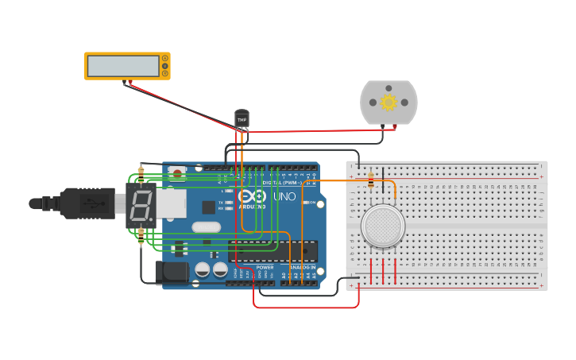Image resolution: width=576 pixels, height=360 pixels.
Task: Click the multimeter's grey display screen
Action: pyautogui.click(x=123, y=66)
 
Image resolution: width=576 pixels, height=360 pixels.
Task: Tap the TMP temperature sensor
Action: pyautogui.click(x=242, y=118)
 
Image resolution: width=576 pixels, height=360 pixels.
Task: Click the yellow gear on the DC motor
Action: pyautogui.click(x=389, y=102)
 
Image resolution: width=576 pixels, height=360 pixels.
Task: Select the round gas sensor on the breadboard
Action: pyautogui.click(x=383, y=226)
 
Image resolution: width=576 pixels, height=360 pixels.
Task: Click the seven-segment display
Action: pyautogui.click(x=140, y=207)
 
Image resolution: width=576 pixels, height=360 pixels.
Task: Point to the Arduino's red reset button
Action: pyautogui.click(x=177, y=171)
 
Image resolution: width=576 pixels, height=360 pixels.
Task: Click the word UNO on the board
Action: pyautogui.click(x=284, y=196)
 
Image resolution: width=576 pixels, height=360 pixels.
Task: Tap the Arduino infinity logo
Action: pyautogui.click(x=250, y=196)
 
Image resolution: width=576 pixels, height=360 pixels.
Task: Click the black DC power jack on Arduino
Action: pyautogui.click(x=172, y=273)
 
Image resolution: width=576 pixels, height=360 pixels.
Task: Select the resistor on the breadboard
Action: pyautogui.click(x=371, y=182)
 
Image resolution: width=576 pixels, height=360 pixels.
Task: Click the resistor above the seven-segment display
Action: pyautogui.click(x=141, y=172)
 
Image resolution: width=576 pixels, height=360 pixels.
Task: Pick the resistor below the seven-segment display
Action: pyautogui.click(x=141, y=235)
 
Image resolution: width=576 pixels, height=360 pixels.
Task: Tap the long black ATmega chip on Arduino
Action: pyautogui.click(x=273, y=250)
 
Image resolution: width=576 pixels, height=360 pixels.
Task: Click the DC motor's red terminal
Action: pyautogui.click(x=395, y=126)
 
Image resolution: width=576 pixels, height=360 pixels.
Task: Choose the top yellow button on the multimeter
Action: pyautogui.click(x=164, y=58)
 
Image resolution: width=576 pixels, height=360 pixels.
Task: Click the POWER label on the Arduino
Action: pyautogui.click(x=265, y=268)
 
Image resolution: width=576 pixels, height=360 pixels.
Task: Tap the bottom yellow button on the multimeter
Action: pyautogui.click(x=164, y=74)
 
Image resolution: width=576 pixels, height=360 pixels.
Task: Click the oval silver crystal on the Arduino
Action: pyautogui.click(x=206, y=227)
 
